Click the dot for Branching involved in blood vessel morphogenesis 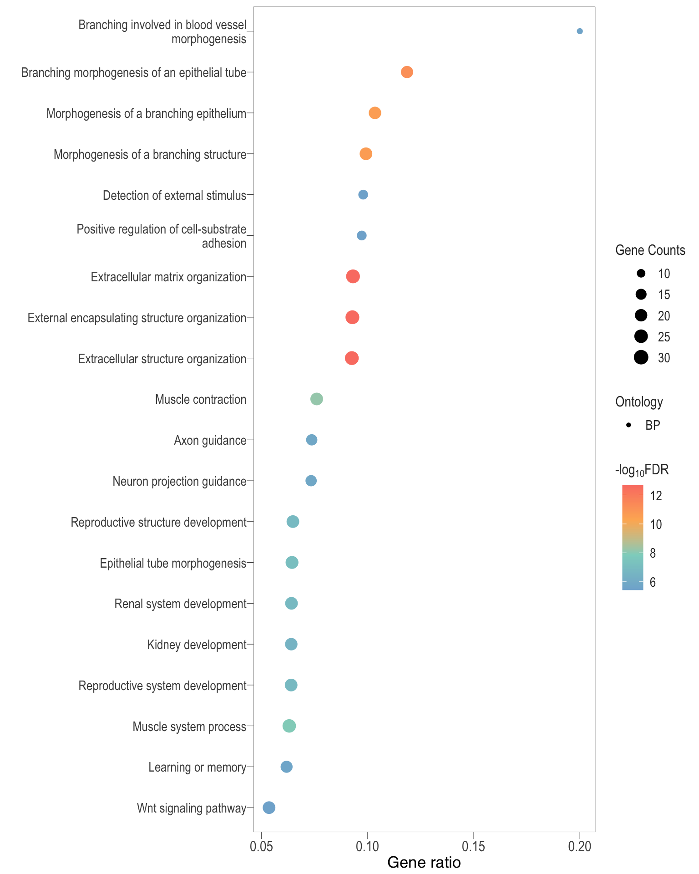point(579,31)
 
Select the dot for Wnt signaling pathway point(269,808)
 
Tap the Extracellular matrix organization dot point(353,276)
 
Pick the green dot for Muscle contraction point(317,399)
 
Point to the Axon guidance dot point(312,440)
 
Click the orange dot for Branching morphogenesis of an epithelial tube point(407,72)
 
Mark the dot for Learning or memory point(286,767)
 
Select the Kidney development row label point(197,645)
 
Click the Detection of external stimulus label point(174,196)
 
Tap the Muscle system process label point(189,727)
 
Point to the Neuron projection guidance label point(179,482)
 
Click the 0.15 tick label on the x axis point(473,847)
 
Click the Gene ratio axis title point(424,863)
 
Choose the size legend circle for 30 point(641,358)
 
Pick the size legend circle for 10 point(641,274)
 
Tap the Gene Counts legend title point(650,250)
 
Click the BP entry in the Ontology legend point(653,425)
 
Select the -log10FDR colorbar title point(642,470)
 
